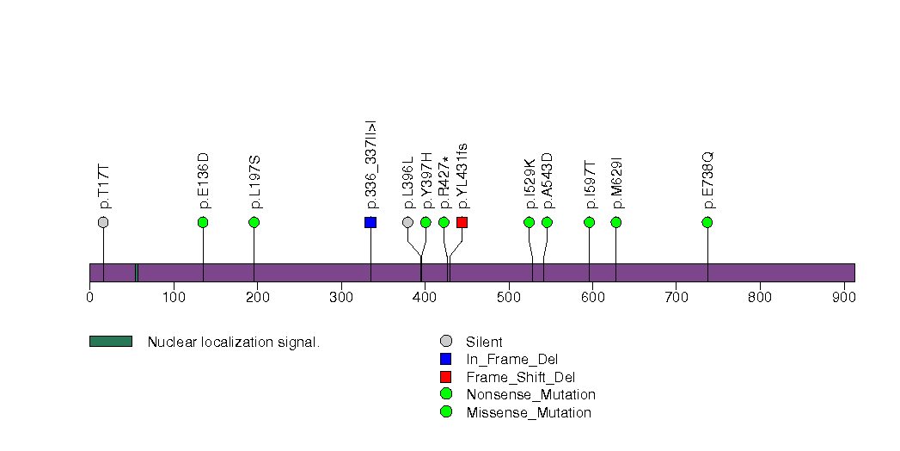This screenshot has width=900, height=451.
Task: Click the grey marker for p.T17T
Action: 103,222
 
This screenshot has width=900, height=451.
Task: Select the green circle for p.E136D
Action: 203,222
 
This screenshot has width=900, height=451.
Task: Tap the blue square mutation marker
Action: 370,222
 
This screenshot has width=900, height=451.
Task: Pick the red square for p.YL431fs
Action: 462,222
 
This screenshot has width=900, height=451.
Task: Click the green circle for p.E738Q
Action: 707,222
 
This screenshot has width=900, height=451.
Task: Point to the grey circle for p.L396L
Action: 407,222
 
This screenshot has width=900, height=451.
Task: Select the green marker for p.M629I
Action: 615,222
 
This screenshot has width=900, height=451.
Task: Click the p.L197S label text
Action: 254,182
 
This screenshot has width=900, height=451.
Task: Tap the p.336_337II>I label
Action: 371,165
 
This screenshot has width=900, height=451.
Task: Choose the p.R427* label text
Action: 444,182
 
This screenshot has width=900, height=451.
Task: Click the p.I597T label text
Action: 590,185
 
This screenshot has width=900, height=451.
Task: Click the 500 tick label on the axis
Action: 509,297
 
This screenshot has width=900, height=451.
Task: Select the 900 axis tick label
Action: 844,297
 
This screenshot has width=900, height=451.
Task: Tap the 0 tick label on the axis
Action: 89,297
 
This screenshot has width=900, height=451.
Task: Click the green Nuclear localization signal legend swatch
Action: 111,342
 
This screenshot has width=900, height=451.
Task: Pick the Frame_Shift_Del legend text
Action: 521,378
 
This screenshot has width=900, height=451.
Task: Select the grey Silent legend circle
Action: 445,342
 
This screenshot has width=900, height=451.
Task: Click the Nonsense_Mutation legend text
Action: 531,395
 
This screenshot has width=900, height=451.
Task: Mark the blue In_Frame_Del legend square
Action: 445,359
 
